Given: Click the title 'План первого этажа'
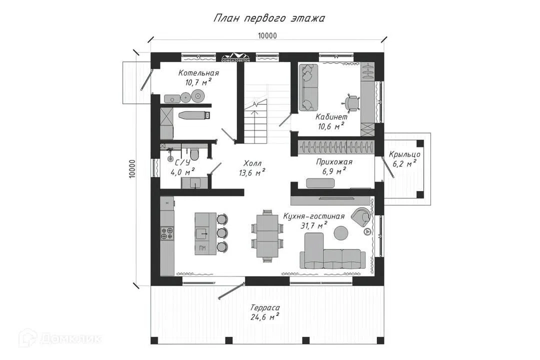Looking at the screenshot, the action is (x=269, y=18).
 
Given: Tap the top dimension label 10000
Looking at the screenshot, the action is (x=267, y=35).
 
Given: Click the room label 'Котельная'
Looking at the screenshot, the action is (x=198, y=73).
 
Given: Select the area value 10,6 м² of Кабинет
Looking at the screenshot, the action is (x=331, y=126).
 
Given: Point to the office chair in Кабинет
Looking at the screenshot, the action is (x=351, y=102).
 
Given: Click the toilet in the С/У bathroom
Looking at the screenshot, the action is (x=194, y=154).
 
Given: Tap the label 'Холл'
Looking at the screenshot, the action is (x=252, y=163).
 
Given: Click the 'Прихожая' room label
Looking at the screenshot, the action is (x=334, y=161).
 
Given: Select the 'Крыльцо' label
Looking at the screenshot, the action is (x=404, y=154).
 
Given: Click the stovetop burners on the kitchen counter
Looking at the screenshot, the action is (x=167, y=233).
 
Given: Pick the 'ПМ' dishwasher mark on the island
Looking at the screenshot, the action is (x=202, y=248).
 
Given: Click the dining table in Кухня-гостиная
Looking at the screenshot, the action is (x=267, y=236).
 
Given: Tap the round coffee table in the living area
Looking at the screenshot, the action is (x=341, y=232).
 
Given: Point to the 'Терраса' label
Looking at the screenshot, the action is (x=265, y=307).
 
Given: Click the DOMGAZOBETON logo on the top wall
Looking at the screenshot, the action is (x=236, y=57).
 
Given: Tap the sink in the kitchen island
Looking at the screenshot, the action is (x=202, y=233).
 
